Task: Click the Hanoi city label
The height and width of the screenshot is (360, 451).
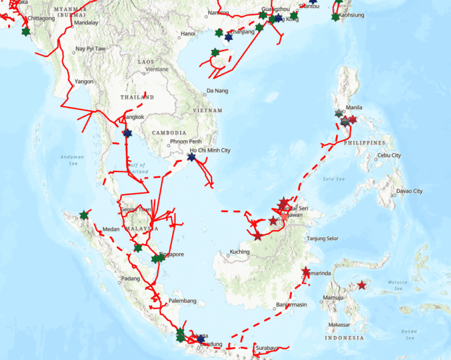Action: (x=188, y=33)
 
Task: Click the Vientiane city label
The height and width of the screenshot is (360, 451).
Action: (x=153, y=69)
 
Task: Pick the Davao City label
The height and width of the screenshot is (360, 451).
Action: (x=409, y=191)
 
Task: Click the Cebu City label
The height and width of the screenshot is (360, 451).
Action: (x=389, y=155)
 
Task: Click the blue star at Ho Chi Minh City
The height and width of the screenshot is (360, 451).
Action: (x=191, y=157)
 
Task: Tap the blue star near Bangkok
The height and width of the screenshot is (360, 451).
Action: (x=127, y=133)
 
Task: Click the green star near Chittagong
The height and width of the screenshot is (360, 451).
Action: (x=25, y=31)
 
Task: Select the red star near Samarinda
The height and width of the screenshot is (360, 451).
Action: (x=305, y=272)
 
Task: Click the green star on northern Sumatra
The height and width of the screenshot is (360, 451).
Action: (x=85, y=215)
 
